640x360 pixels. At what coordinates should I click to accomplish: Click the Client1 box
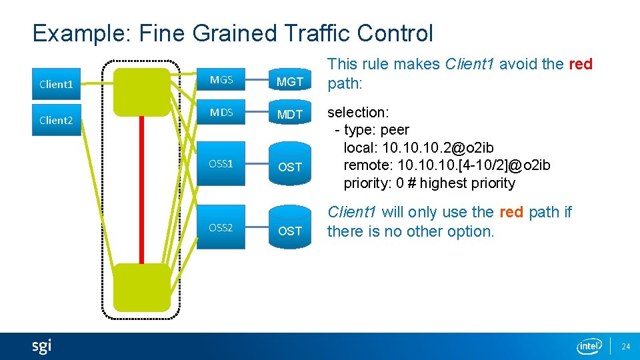[x=57, y=84]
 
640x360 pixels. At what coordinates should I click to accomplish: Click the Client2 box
[x=57, y=120]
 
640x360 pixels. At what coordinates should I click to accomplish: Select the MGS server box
[x=221, y=80]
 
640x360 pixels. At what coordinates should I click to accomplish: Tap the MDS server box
[x=221, y=113]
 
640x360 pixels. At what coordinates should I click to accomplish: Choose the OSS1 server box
[x=221, y=163]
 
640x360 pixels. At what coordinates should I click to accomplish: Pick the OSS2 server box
[x=221, y=227]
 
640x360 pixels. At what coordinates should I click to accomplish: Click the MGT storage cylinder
[x=290, y=81]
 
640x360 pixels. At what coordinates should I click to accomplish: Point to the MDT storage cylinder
[x=290, y=114]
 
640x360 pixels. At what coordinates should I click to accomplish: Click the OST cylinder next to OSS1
[x=290, y=167]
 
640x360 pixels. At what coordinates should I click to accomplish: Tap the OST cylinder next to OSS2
[x=290, y=231]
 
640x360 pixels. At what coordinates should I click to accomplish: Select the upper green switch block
[x=142, y=91]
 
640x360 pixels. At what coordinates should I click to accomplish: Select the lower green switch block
[x=142, y=287]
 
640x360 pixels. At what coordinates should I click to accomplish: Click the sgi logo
[x=41, y=346]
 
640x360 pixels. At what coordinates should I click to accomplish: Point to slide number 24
[x=625, y=347]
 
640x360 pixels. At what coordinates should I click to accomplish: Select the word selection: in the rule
[x=358, y=112]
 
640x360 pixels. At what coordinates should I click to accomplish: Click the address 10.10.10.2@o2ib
[x=419, y=147]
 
